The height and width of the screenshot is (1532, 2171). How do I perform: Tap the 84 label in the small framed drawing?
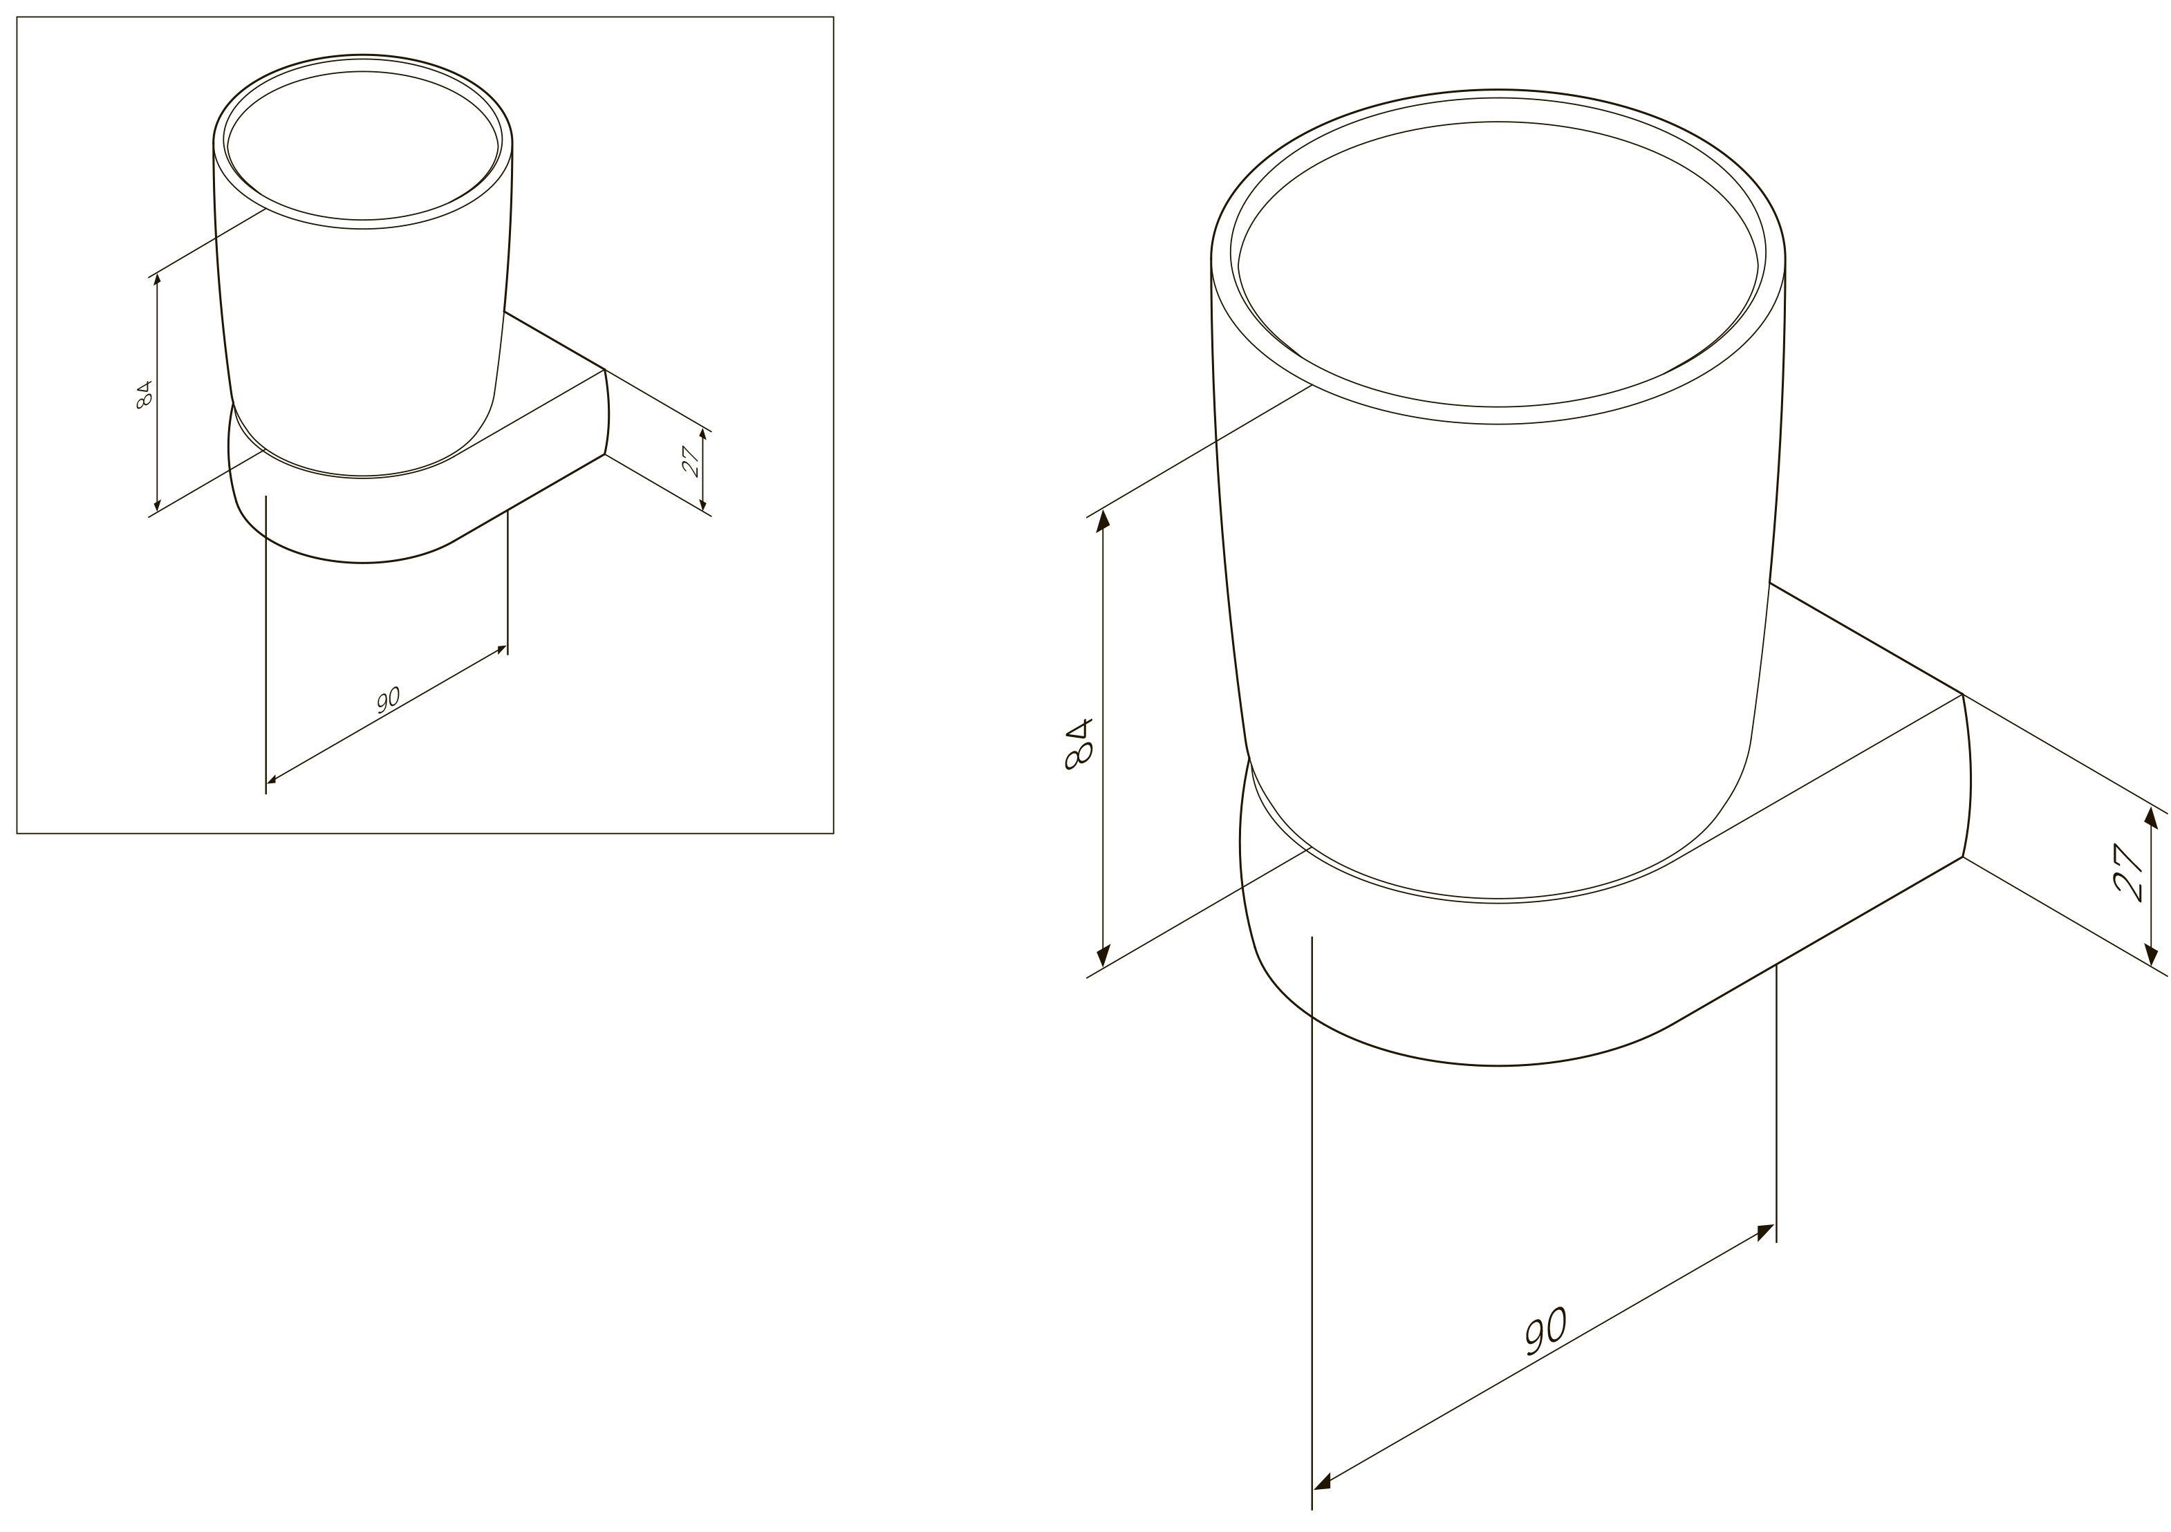144,394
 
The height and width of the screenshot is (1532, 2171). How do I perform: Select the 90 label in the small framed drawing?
389,700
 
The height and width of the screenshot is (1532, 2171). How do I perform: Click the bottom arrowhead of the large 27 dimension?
2151,954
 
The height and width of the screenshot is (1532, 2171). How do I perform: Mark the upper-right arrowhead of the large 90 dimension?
1765,1231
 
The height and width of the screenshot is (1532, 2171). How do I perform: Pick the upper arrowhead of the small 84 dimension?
157,279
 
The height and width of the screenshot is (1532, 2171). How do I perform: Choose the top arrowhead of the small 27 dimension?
702,434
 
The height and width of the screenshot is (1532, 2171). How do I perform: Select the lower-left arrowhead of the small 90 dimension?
272,781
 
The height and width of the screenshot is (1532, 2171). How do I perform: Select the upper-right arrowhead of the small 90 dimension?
502,648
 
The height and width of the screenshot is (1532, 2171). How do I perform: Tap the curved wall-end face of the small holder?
606,412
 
